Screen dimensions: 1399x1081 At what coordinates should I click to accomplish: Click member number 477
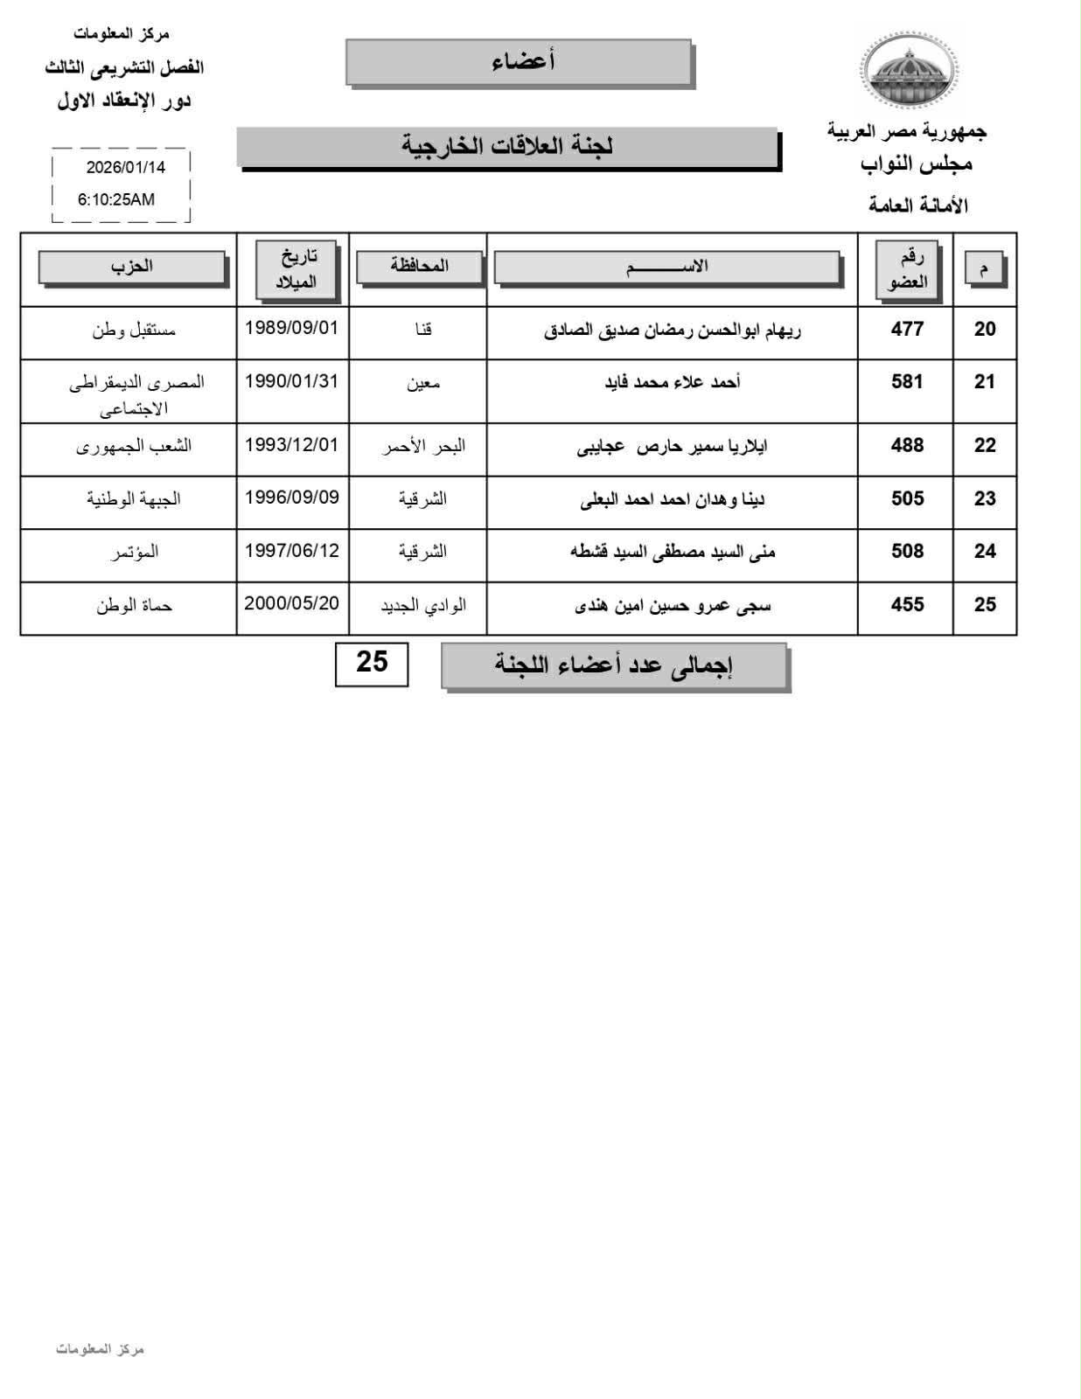pos(907,329)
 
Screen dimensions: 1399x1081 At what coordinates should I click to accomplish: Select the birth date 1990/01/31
pos(291,381)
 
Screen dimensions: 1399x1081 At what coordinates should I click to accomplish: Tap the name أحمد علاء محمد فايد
pos(673,382)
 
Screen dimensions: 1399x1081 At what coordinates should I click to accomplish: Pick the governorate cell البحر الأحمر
pos(423,446)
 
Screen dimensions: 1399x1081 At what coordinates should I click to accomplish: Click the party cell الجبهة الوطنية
pos(133,498)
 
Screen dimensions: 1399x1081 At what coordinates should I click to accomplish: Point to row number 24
pos(985,551)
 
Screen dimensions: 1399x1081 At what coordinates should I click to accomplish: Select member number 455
pos(907,604)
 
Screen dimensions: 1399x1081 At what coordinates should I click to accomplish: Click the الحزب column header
pos(131,267)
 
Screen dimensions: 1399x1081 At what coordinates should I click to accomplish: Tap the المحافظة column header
pos(419,266)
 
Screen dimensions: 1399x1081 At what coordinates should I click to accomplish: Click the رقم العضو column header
pos(907,269)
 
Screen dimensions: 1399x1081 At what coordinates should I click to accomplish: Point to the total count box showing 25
pos(372,663)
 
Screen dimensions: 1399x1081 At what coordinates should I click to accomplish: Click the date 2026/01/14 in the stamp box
pos(125,167)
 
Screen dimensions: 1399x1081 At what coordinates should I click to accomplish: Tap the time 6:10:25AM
pos(116,199)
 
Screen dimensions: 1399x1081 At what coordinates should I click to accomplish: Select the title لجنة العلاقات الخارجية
pos(507,146)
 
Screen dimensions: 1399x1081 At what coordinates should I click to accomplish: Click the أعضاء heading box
pos(520,62)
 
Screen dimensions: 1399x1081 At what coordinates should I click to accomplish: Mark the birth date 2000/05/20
pos(291,603)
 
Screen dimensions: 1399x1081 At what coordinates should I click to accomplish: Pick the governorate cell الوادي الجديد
pos(423,605)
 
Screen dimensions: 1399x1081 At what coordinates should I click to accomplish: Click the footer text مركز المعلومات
pos(100,1349)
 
